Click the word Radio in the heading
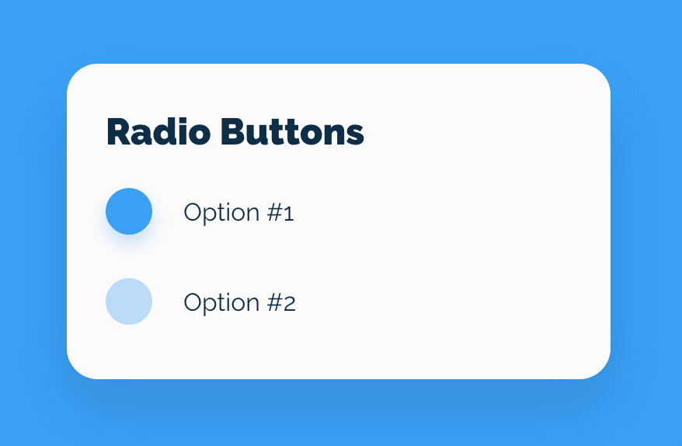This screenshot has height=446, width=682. (x=158, y=131)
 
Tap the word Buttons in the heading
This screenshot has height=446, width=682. (x=292, y=131)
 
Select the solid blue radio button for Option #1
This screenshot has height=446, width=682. (x=129, y=211)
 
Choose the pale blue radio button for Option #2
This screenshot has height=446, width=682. (x=129, y=301)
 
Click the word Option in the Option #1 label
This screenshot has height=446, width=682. (x=222, y=213)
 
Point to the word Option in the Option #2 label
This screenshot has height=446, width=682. (x=222, y=303)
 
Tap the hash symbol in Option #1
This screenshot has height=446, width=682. (x=276, y=212)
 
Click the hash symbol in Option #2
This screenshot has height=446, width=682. (x=276, y=302)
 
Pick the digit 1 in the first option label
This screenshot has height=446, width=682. (x=290, y=214)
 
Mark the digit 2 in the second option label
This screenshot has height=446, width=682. (x=291, y=304)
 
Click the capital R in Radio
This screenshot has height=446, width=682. (x=117, y=131)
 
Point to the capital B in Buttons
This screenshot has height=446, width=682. (x=232, y=131)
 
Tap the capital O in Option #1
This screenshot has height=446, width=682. (x=194, y=212)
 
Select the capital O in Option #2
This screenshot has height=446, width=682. (x=194, y=302)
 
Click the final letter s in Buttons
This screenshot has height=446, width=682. (x=355, y=135)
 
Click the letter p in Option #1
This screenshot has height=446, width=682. (x=214, y=216)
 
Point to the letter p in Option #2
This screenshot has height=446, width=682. (x=214, y=306)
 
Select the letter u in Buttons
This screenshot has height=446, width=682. (x=258, y=135)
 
